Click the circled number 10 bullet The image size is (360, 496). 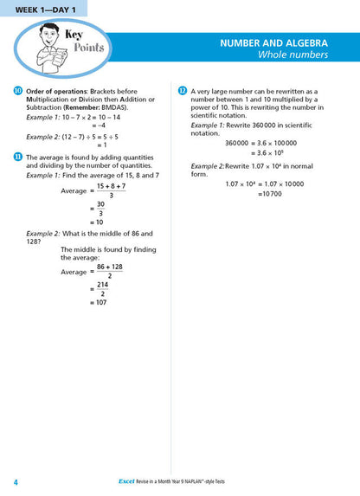coord(18,91)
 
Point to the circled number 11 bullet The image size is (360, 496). coord(18,156)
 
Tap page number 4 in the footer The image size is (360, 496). coord(16,481)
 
